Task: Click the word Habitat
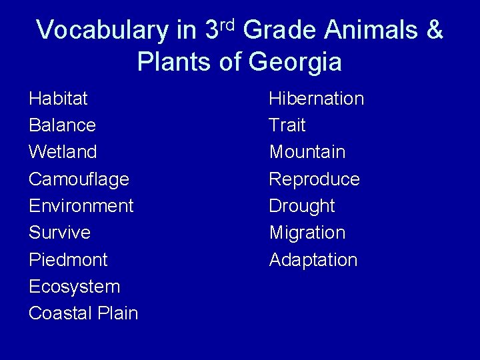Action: coord(58,99)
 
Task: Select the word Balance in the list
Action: coord(62,125)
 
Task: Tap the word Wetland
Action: coord(63,152)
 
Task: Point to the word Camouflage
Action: coord(79,179)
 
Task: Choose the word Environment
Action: coord(81,206)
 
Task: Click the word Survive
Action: coord(59,233)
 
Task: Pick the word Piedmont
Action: coord(68,259)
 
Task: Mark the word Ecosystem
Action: coord(74,287)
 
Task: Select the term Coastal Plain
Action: coord(83,313)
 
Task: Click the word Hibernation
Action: coord(316,99)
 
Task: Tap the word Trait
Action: coord(287,125)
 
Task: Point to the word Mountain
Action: coord(307,152)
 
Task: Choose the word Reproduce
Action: coord(314,179)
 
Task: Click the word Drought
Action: coord(301,206)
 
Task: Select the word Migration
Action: coord(307,233)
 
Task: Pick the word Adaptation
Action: coord(313,259)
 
